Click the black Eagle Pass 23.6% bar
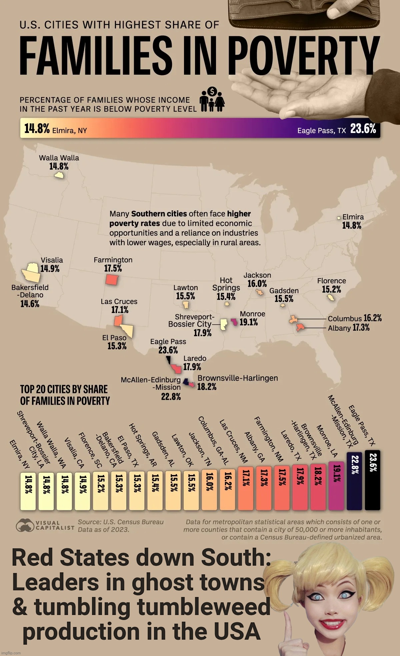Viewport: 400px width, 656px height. tap(372, 480)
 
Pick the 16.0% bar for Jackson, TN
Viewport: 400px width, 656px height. tap(209, 490)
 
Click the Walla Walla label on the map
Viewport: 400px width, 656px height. tap(59, 158)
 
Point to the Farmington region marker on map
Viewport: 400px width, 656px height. tap(112, 279)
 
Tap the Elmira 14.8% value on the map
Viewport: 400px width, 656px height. tap(352, 226)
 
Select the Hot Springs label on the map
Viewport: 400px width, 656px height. tap(226, 284)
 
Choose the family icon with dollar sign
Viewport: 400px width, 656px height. tap(212, 100)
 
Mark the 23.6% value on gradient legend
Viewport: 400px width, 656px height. tap(363, 128)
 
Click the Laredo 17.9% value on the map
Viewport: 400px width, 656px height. tap(192, 367)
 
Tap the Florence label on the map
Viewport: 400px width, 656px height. tap(331, 281)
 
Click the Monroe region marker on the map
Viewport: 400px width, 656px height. tap(235, 322)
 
